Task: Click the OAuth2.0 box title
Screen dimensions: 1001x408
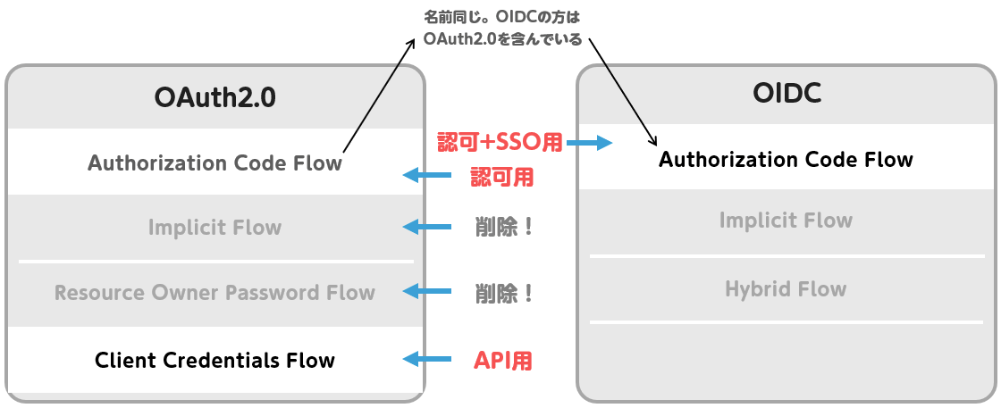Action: (215, 98)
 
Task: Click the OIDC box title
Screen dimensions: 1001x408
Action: (786, 94)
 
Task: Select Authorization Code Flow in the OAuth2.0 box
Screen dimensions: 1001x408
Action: (215, 163)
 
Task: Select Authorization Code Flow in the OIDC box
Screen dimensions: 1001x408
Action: (786, 159)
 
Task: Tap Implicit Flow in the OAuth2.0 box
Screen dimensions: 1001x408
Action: (215, 228)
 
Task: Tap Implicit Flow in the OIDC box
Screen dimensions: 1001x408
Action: (786, 221)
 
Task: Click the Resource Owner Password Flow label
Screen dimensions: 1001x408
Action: (214, 293)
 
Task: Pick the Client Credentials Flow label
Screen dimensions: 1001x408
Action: (215, 360)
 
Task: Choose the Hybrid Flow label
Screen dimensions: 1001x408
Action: (786, 289)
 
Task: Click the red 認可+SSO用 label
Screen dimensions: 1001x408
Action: (500, 143)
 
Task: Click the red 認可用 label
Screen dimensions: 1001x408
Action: (501, 177)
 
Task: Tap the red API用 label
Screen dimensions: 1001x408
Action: (503, 362)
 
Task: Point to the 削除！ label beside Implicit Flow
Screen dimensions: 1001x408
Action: (504, 228)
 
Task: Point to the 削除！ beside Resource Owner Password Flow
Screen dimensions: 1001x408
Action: (504, 293)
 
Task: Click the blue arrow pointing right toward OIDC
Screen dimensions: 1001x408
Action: (590, 144)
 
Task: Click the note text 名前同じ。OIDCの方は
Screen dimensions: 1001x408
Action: (502, 16)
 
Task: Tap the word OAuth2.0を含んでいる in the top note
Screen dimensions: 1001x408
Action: (502, 39)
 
